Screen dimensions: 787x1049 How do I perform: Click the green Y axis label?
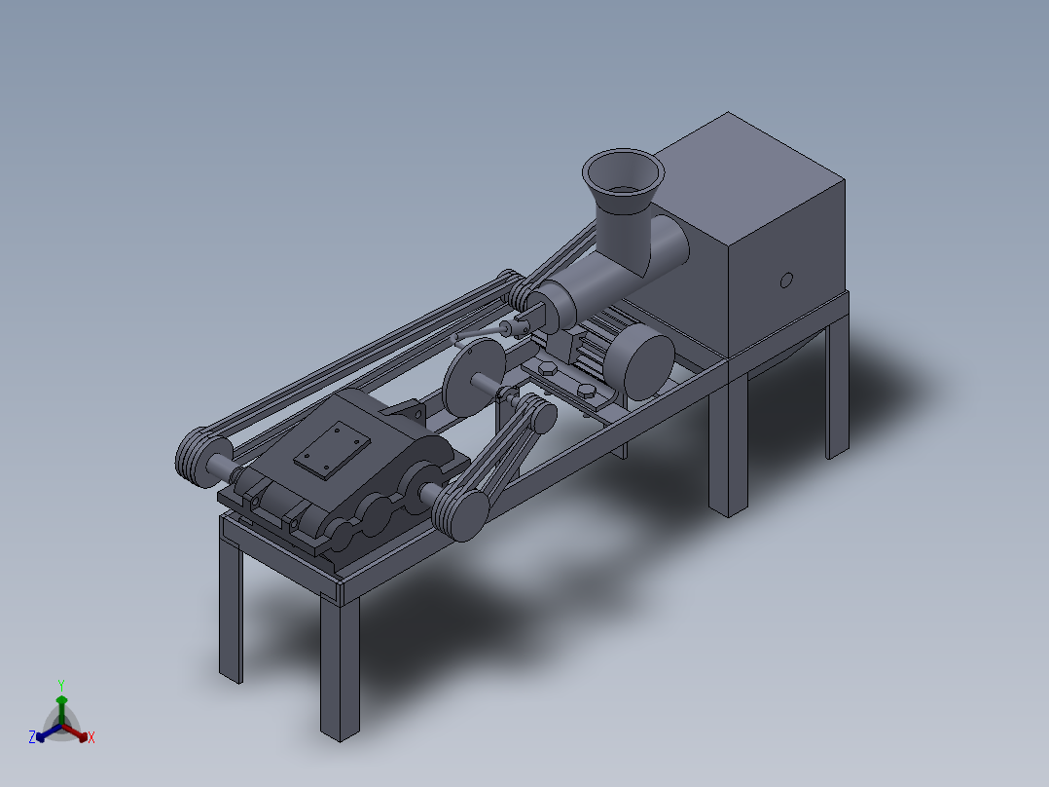click(61, 684)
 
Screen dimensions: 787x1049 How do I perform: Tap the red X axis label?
click(90, 738)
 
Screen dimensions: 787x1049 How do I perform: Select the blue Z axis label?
click(32, 737)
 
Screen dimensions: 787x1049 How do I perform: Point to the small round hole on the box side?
click(786, 281)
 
